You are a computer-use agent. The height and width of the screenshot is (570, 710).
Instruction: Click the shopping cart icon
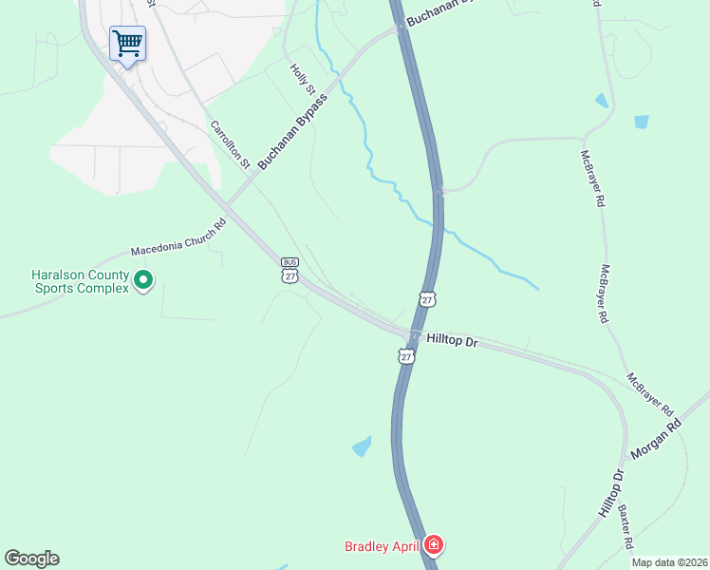126,43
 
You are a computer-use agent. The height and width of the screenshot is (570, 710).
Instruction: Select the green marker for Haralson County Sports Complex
143,280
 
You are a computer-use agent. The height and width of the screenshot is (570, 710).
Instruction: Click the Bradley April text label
383,546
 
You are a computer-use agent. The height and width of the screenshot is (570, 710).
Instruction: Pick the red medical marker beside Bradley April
433,544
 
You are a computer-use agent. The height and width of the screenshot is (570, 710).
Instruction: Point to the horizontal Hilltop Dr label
452,339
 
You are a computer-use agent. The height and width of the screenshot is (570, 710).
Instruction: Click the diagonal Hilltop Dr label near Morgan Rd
611,494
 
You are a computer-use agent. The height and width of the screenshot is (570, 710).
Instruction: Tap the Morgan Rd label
656,441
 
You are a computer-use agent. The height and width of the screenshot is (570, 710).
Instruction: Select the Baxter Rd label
626,528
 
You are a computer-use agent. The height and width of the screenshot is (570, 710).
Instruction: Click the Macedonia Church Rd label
178,237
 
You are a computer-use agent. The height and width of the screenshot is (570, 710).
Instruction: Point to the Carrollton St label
230,144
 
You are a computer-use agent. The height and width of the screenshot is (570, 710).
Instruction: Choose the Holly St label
302,79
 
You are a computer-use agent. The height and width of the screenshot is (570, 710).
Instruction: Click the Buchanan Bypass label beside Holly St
292,131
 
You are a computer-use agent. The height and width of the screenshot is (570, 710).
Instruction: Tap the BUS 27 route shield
290,270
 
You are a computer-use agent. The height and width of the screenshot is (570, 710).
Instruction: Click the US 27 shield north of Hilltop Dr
428,299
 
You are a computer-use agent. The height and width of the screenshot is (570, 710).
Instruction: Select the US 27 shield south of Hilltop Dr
406,356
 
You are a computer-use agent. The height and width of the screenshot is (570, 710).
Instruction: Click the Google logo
31,559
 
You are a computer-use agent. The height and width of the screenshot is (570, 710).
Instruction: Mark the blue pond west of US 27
362,446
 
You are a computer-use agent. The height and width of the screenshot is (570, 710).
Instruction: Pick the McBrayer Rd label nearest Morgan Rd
650,393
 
